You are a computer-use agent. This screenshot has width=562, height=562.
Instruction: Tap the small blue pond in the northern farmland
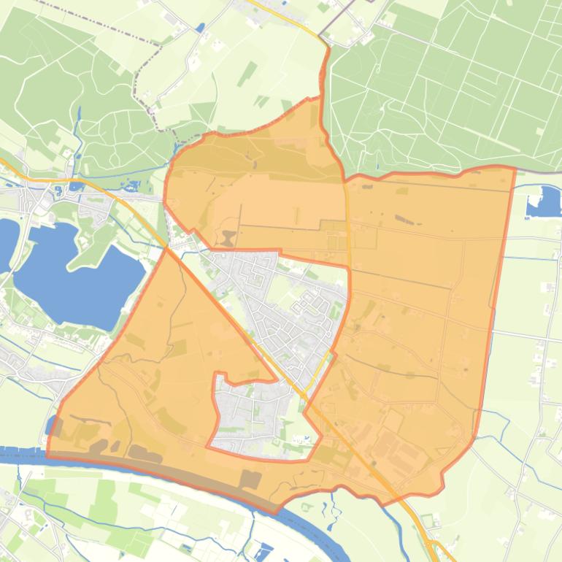click(x=200, y=28)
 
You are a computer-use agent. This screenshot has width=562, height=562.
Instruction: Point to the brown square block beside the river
click(x=250, y=480)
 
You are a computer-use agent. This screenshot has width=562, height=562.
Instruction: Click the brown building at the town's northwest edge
click(x=228, y=238)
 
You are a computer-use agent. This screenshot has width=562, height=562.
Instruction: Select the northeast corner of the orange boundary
click(x=515, y=169)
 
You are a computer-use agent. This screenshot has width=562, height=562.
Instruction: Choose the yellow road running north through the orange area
click(x=347, y=219)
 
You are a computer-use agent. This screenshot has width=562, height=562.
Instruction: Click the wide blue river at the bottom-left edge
click(x=22, y=456)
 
